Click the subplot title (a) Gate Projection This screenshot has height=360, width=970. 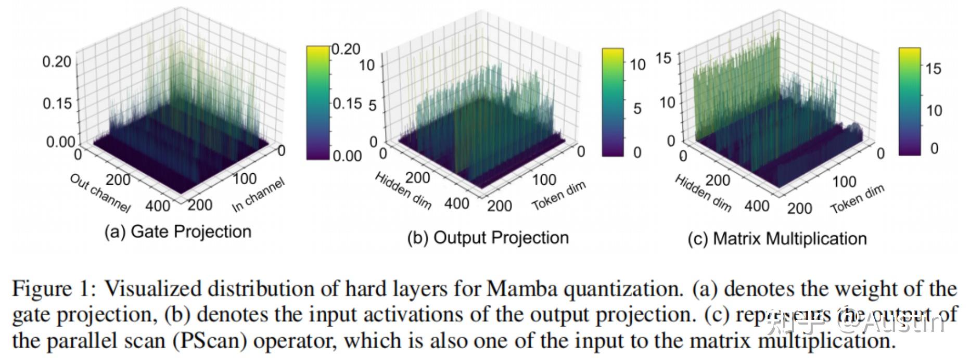click(177, 232)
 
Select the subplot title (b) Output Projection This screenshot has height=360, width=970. click(488, 238)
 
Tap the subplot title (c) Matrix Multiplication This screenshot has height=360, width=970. click(777, 239)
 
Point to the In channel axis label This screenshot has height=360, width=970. click(258, 195)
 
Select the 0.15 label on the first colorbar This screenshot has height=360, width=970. click(347, 104)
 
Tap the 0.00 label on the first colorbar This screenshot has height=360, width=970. click(347, 156)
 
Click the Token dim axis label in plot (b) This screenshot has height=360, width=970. click(558, 196)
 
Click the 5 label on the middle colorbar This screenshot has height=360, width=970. click(637, 109)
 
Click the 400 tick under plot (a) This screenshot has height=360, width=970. click(157, 206)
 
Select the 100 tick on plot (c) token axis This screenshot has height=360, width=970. click(844, 182)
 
